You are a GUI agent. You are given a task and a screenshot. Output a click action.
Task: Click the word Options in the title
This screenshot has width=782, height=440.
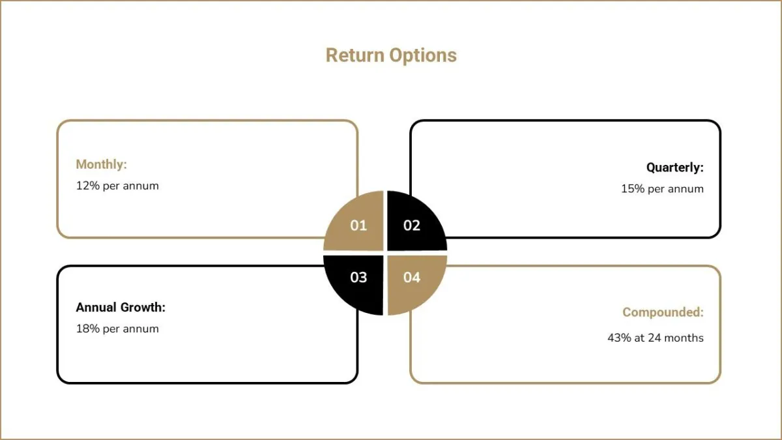423,56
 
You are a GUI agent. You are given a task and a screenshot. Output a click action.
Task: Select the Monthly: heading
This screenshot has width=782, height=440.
101,164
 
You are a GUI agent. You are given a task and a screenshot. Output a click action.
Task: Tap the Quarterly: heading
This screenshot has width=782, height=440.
675,168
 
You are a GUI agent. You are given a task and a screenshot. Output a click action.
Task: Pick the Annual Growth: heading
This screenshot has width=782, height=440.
121,307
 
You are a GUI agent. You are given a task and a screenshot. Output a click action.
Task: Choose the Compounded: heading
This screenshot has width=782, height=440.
663,312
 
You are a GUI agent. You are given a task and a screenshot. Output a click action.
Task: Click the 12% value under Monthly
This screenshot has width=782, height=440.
88,186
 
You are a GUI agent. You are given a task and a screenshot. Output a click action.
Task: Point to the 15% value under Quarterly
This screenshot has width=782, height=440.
633,189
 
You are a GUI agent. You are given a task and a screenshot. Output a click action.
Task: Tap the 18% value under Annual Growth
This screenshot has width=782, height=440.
88,329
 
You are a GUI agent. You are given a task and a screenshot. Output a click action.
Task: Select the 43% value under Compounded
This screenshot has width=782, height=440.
619,338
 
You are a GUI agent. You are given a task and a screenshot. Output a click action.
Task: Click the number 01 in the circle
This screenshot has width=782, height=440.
358,226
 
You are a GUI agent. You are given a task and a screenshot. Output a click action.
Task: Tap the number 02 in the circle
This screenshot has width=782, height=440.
412,226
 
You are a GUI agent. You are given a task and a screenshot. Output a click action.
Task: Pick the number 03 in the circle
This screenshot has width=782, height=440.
358,277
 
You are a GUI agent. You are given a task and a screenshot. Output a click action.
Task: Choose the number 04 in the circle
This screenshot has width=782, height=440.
412,277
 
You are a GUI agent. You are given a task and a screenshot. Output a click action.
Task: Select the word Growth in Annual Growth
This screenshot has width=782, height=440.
143,307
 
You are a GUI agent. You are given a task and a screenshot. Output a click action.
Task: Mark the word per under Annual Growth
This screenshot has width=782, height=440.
111,330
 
